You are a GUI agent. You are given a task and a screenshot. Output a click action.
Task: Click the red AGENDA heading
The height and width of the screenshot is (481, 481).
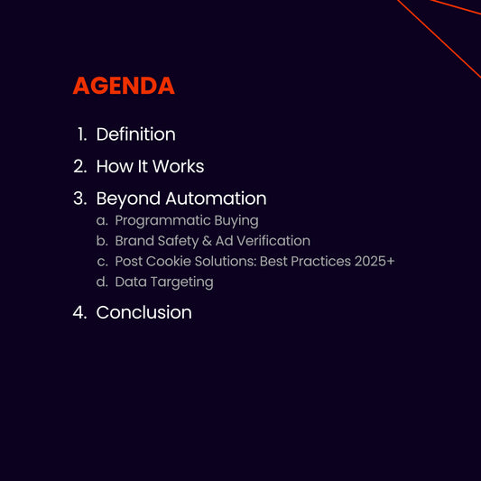123,86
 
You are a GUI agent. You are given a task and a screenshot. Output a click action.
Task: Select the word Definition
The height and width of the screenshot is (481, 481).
135,134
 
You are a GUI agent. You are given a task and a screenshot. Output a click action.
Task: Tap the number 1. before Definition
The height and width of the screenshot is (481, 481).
81,134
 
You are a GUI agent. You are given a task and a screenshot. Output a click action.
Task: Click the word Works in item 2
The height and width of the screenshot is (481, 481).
178,167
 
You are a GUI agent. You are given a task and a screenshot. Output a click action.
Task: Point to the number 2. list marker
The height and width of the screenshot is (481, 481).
79,167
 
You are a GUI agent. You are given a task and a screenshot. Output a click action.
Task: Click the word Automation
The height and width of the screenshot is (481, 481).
216,199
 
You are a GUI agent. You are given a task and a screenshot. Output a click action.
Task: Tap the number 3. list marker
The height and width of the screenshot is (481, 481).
79,199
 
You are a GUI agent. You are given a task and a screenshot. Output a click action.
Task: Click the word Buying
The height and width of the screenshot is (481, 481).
236,221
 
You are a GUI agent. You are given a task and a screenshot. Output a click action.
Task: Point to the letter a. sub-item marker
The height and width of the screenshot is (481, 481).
102,221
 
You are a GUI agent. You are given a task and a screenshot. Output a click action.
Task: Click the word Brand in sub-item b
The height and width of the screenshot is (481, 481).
134,241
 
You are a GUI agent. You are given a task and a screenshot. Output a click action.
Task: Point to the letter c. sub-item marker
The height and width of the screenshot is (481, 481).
102,262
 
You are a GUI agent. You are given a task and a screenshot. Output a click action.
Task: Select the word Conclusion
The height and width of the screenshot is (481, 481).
143,312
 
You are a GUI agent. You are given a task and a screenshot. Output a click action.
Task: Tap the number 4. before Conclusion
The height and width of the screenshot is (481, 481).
79,312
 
